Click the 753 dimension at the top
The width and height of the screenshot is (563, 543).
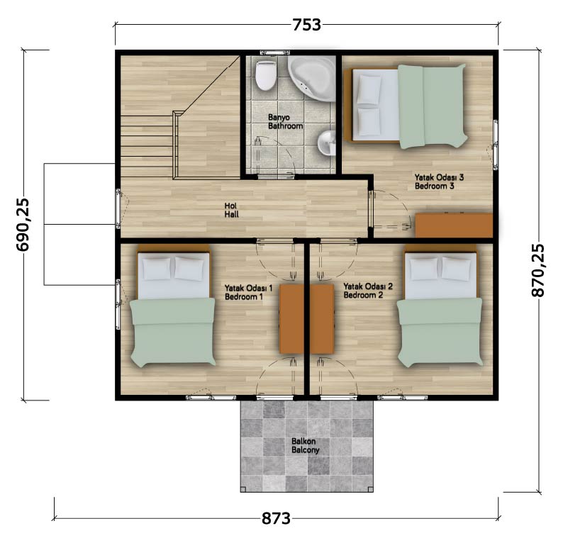click(x=306, y=25)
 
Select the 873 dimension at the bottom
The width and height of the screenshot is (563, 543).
click(x=276, y=518)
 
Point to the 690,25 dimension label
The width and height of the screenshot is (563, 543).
click(x=23, y=225)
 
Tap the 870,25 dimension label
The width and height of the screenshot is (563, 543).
click(x=538, y=271)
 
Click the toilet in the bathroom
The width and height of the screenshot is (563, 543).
click(x=266, y=75)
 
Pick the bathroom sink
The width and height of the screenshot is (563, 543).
click(x=327, y=142)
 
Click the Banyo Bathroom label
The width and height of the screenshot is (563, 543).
click(x=285, y=122)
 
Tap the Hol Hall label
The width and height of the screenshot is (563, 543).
click(x=232, y=211)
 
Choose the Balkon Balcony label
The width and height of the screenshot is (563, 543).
click(x=305, y=445)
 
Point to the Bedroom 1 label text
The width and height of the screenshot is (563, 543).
click(x=244, y=297)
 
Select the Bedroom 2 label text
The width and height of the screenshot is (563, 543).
click(x=363, y=295)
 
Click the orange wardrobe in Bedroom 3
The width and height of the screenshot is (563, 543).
click(x=454, y=225)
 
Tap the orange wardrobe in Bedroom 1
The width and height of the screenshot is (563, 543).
click(x=291, y=319)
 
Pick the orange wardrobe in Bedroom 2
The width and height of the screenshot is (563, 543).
click(x=322, y=319)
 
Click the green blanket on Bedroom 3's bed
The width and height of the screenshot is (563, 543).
click(x=433, y=106)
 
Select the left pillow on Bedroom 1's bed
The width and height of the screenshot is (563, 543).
click(x=157, y=269)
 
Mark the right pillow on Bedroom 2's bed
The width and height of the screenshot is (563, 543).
click(x=456, y=269)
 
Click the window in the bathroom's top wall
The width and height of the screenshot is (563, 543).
click(x=274, y=52)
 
